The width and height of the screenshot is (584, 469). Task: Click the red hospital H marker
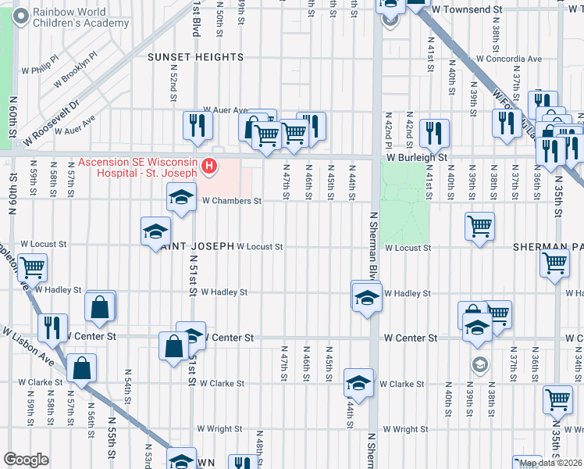coord(209,166)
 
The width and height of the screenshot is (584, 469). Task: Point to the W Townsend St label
coord(464,9)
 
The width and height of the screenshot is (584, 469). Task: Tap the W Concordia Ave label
coord(508,59)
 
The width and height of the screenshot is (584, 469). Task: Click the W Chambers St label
coord(231,201)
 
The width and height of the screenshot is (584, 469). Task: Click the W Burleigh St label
coord(418,157)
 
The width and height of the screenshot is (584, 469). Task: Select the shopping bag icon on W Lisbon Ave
coord(81,367)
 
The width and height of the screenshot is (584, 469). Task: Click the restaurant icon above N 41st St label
coord(433,132)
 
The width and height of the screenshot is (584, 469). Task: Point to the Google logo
coord(26,460)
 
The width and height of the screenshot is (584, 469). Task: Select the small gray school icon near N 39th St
coord(479,363)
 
